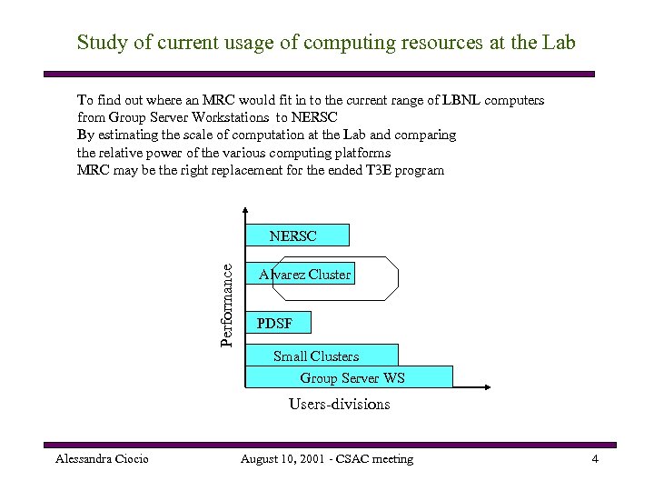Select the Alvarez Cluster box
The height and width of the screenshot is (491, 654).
pos(303,274)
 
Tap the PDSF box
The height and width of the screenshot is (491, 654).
pos(278,323)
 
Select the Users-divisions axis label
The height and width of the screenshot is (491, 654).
pos(339,405)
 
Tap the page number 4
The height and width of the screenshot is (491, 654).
pos(595,459)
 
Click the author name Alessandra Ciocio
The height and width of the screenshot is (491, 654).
pos(102,459)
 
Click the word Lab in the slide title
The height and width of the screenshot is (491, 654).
pos(558,43)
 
